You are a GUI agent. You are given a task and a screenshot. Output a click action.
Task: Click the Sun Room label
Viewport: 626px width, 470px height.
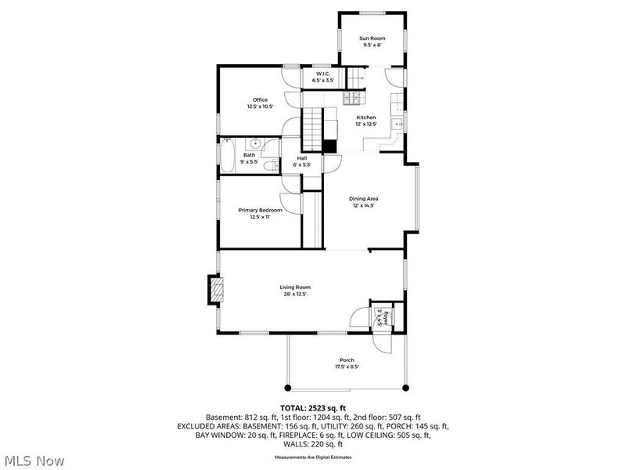coord(372,38)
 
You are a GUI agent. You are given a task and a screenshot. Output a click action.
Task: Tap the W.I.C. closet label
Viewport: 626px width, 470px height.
coord(323,76)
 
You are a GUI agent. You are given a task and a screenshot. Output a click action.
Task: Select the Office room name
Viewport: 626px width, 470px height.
coord(260,100)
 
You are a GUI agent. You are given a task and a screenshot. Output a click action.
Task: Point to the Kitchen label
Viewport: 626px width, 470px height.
coord(367,117)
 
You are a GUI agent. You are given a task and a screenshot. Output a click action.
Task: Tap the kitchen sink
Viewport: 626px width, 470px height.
coord(398,124)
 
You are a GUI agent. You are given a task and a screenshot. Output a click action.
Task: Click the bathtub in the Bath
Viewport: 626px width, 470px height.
coord(227,155)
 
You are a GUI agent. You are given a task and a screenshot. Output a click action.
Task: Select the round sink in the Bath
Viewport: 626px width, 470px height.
coord(255,144)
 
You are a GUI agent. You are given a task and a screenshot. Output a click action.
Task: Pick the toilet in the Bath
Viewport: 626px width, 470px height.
coord(268,167)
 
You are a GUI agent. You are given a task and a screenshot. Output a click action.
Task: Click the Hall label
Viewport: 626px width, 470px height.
coord(301,158)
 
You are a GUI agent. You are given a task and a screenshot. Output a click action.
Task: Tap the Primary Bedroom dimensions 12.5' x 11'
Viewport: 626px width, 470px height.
coord(260,217)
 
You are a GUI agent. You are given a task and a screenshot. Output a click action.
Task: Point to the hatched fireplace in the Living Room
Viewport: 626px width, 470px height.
coord(214,290)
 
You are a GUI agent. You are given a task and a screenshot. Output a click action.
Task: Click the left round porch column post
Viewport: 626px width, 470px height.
coord(286,388)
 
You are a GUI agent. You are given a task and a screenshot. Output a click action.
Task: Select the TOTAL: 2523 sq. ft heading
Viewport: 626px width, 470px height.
coord(313,407)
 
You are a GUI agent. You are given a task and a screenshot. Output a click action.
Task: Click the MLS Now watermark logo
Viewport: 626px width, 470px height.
coord(34,460)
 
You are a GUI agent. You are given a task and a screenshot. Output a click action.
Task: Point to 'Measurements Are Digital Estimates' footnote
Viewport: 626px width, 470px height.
coord(313,456)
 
